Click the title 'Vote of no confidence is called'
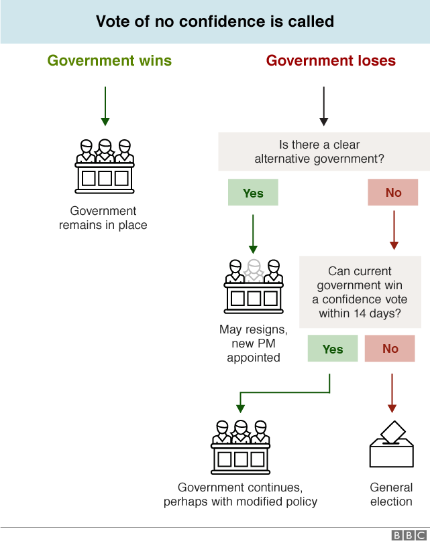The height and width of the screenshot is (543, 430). [215, 21]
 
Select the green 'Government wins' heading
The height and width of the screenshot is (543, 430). [109, 61]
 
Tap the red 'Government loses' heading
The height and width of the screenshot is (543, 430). [331, 61]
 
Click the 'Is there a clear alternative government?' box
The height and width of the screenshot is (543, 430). [324, 152]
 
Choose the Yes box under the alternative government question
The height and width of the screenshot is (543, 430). [253, 193]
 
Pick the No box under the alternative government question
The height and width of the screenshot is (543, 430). [393, 193]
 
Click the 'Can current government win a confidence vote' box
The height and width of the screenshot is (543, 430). [360, 292]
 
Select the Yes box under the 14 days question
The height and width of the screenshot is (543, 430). [333, 349]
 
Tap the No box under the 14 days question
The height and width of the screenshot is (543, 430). [390, 349]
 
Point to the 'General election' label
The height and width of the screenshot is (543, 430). [392, 495]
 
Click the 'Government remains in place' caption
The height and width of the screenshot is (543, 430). [103, 218]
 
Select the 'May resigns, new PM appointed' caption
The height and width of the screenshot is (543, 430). [254, 343]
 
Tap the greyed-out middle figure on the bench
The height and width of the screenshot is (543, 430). [254, 271]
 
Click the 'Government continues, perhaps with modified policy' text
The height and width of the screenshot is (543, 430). [241, 495]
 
